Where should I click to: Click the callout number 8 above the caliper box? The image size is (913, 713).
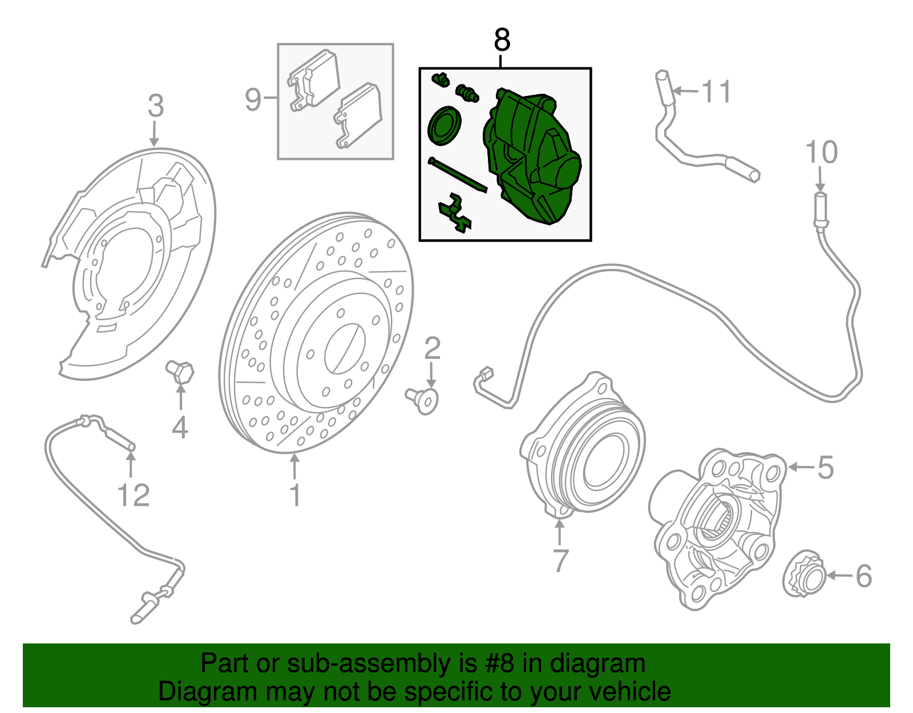coord(502,41)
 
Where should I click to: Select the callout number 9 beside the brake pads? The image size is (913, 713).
coord(253,100)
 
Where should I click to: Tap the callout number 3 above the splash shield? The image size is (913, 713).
coord(155,106)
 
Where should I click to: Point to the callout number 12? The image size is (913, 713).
coord(133,496)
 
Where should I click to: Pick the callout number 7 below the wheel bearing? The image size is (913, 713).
coord(560,561)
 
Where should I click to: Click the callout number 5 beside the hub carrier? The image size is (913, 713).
coord(825,467)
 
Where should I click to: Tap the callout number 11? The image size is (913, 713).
coord(717,91)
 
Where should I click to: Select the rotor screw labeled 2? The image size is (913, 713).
coord(422,400)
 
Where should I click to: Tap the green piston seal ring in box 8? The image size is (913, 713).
coord(444,126)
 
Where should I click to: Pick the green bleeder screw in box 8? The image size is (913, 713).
coord(467,93)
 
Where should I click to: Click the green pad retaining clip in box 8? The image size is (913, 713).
coord(455,213)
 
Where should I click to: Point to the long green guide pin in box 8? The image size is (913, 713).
coord(457,175)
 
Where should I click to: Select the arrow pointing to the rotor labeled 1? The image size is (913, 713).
coord(294,466)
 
